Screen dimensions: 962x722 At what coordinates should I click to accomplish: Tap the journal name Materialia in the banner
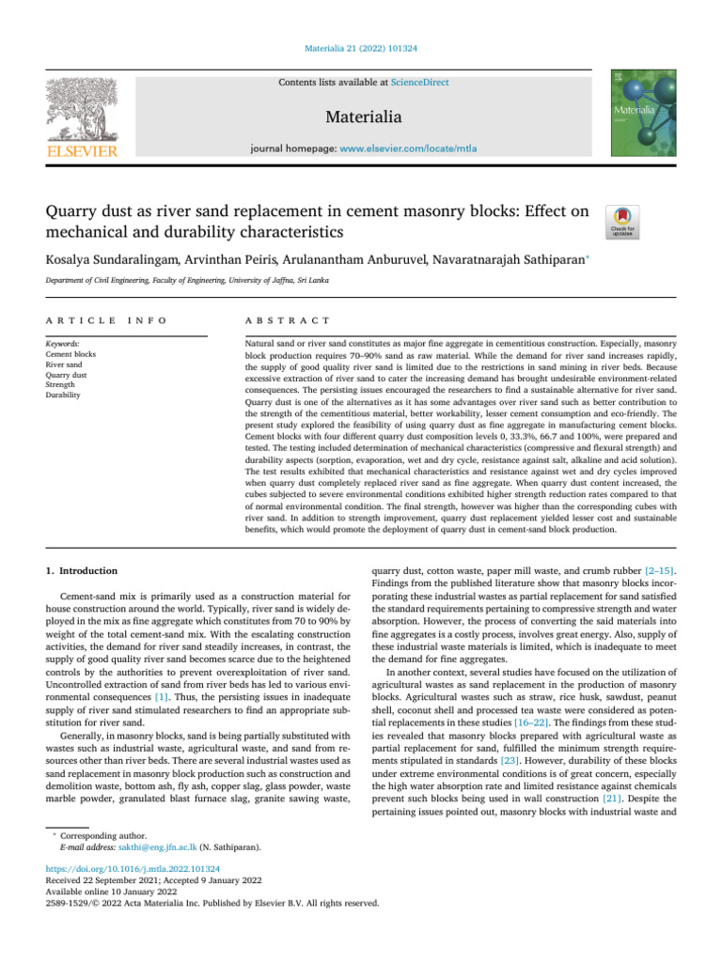[x=363, y=117]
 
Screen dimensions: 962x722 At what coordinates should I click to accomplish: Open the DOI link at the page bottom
[x=133, y=869]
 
